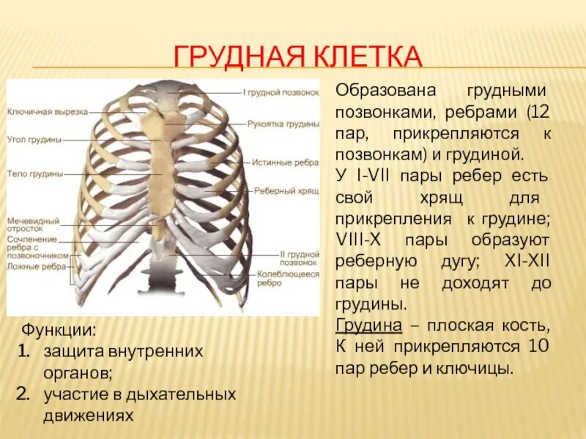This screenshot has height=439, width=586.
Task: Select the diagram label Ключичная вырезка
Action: [x=48, y=112]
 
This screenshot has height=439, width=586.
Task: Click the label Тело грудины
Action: [x=34, y=173]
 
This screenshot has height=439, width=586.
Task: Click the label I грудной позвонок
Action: [x=281, y=93]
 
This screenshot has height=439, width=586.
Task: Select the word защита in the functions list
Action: [x=75, y=351]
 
